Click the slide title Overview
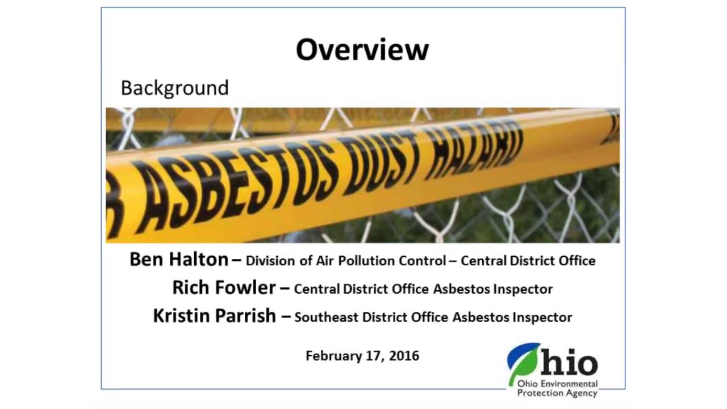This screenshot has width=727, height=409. (x=362, y=49)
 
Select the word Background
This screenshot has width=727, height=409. (x=174, y=88)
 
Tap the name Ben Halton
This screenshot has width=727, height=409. (x=178, y=260)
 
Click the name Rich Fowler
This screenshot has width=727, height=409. (x=224, y=287)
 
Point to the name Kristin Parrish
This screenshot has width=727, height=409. (x=214, y=316)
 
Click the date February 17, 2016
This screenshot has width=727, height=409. (x=362, y=356)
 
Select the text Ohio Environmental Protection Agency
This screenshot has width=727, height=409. (x=557, y=389)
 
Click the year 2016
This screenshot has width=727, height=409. (x=405, y=356)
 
